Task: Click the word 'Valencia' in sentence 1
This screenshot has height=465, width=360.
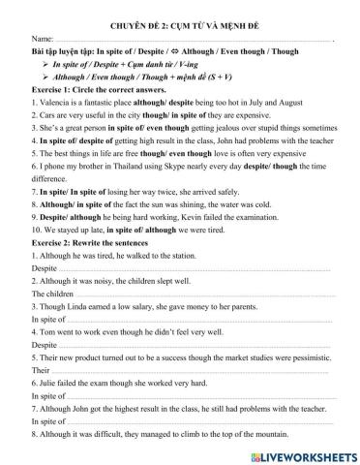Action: [x=55, y=100]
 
